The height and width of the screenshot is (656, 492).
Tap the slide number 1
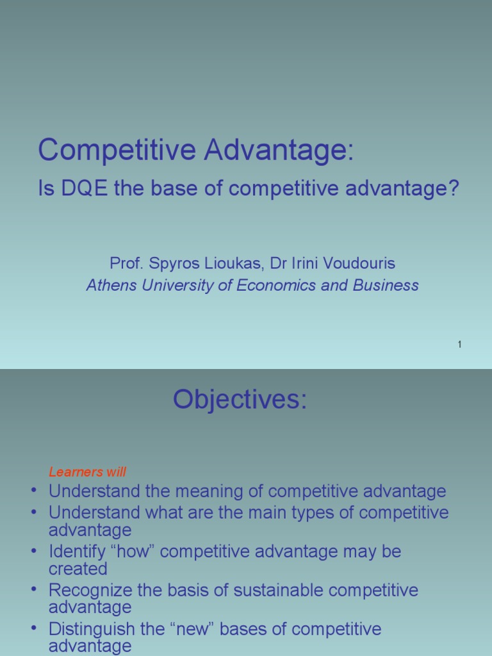coord(459,344)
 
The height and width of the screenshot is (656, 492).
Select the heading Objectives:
coord(240,399)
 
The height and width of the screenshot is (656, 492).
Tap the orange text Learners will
coord(87,472)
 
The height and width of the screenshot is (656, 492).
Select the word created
coord(78,569)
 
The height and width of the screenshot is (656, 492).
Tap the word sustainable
coord(278,590)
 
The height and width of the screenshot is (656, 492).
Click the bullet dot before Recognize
coord(34,590)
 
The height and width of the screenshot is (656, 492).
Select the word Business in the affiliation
coord(386,285)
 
